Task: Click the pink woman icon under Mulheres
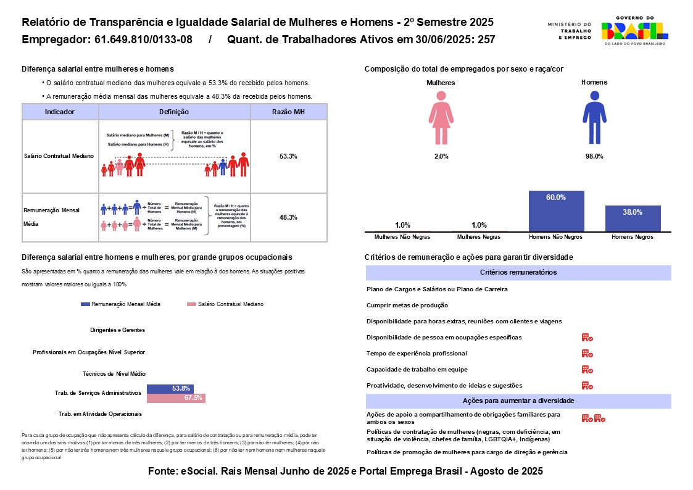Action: (x=441, y=118)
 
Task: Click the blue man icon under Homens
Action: (x=594, y=118)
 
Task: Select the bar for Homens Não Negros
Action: (x=556, y=211)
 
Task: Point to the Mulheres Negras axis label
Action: (x=479, y=237)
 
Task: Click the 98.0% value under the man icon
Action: (x=594, y=157)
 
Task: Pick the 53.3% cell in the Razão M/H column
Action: (x=288, y=157)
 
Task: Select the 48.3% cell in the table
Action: (x=288, y=217)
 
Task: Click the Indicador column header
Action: (x=60, y=112)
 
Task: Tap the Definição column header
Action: (x=174, y=112)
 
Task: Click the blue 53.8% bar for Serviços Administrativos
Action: (x=170, y=388)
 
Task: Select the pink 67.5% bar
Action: (x=176, y=398)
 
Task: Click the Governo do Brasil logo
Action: (x=635, y=31)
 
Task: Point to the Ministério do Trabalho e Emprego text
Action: (x=569, y=31)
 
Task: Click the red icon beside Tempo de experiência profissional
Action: (x=587, y=354)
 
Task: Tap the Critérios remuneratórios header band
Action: (x=518, y=272)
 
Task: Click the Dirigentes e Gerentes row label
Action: (x=117, y=330)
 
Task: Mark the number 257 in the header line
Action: (x=486, y=40)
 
